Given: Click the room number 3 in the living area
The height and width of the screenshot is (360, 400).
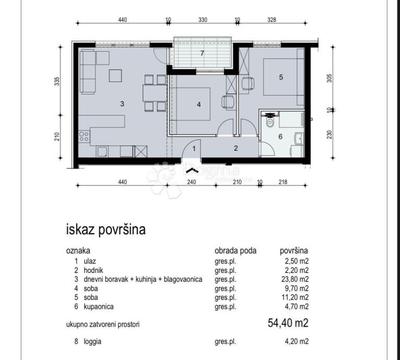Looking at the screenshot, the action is pos(122,104).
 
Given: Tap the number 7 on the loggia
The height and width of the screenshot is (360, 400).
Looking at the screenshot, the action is pos(202,53).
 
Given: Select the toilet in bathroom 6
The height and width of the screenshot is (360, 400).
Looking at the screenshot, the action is pos(269,121).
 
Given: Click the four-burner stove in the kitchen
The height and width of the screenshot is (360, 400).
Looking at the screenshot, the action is pos(84,136).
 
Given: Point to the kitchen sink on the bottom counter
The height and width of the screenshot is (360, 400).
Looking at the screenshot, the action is pos(102,151).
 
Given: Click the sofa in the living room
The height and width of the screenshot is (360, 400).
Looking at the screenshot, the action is pos(88,72).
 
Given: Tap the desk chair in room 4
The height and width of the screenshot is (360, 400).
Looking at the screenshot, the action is pos(228,102).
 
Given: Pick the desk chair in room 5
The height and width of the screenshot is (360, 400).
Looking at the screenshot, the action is pos(248,83).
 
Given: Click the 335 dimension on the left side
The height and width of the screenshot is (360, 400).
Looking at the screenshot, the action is pos(57,81).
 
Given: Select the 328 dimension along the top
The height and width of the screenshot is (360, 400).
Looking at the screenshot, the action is pos(272,20).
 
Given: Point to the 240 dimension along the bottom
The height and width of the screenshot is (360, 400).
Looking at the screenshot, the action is pos(191,182).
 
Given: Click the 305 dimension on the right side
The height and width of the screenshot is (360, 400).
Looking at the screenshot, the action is pos(330,78).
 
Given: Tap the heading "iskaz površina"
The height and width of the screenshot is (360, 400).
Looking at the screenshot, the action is pos(106,230).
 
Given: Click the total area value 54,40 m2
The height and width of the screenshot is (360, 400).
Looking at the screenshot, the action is pos(288,323).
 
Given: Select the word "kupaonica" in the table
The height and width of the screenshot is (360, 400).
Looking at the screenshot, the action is pos(99,306).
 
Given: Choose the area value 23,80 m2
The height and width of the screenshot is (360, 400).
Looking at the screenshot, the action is pos(295,279).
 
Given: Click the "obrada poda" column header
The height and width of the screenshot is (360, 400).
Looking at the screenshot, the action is pos(236,250).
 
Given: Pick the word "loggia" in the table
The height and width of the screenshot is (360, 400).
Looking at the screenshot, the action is pos(92,341).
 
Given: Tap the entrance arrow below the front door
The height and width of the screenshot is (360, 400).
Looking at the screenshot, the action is pos(192,171).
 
